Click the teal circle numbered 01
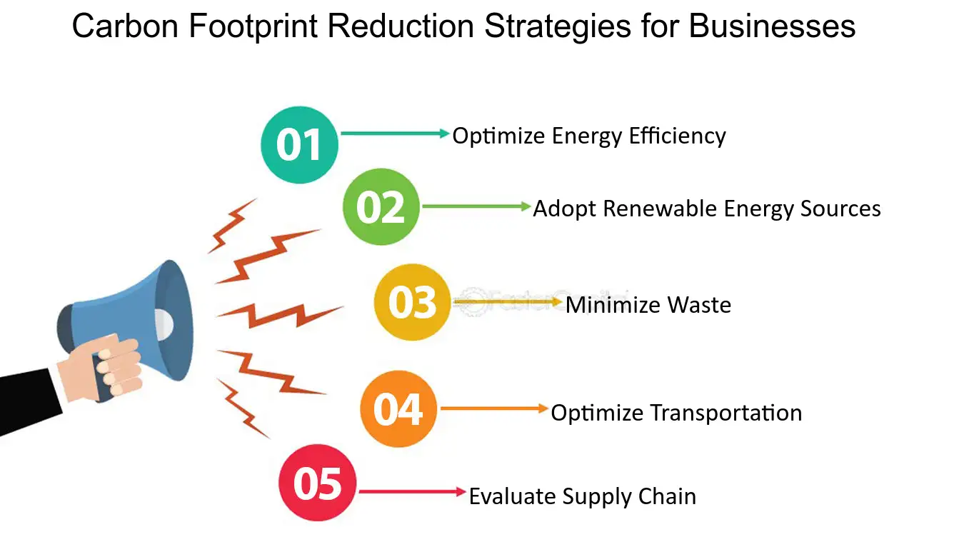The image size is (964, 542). tap(299, 145)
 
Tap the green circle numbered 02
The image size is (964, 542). tap(381, 207)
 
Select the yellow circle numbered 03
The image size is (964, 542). tap(413, 302)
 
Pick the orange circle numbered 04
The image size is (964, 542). tap(398, 409)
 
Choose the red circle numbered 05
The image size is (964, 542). tap(317, 483)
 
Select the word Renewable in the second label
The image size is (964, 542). tap(661, 209)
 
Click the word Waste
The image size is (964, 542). tap(699, 306)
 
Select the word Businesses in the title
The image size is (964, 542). tap(772, 27)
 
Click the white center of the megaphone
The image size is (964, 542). tap(162, 323)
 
